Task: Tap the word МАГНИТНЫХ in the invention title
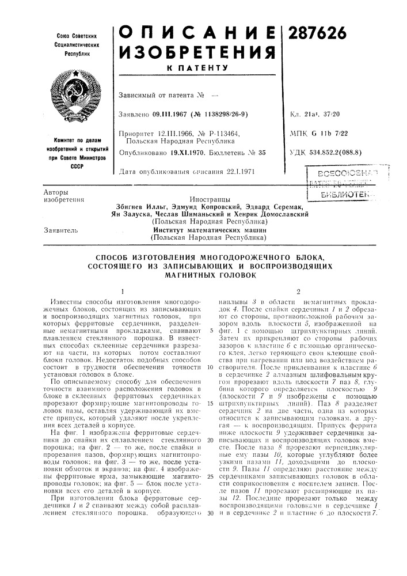point(208,275)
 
